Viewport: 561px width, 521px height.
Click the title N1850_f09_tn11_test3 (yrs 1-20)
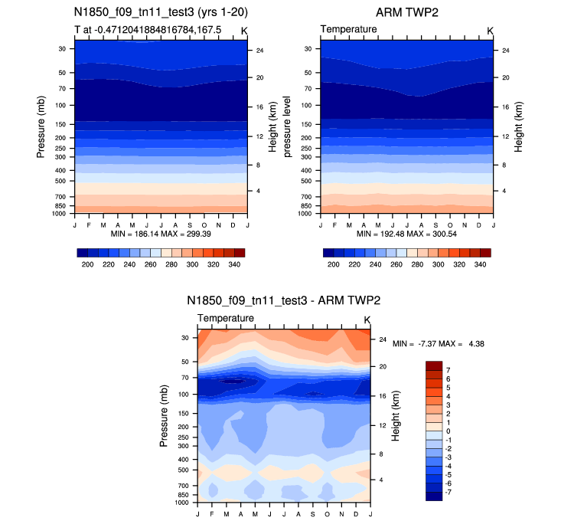click(161, 12)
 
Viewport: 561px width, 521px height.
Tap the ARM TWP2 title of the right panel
click(406, 12)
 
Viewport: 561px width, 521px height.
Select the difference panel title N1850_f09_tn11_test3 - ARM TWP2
click(284, 301)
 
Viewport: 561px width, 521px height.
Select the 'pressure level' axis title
click(288, 127)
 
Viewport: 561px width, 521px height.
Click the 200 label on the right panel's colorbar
click(332, 263)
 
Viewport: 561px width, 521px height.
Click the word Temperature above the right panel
click(348, 29)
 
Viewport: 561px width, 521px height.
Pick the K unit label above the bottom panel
click(367, 319)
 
